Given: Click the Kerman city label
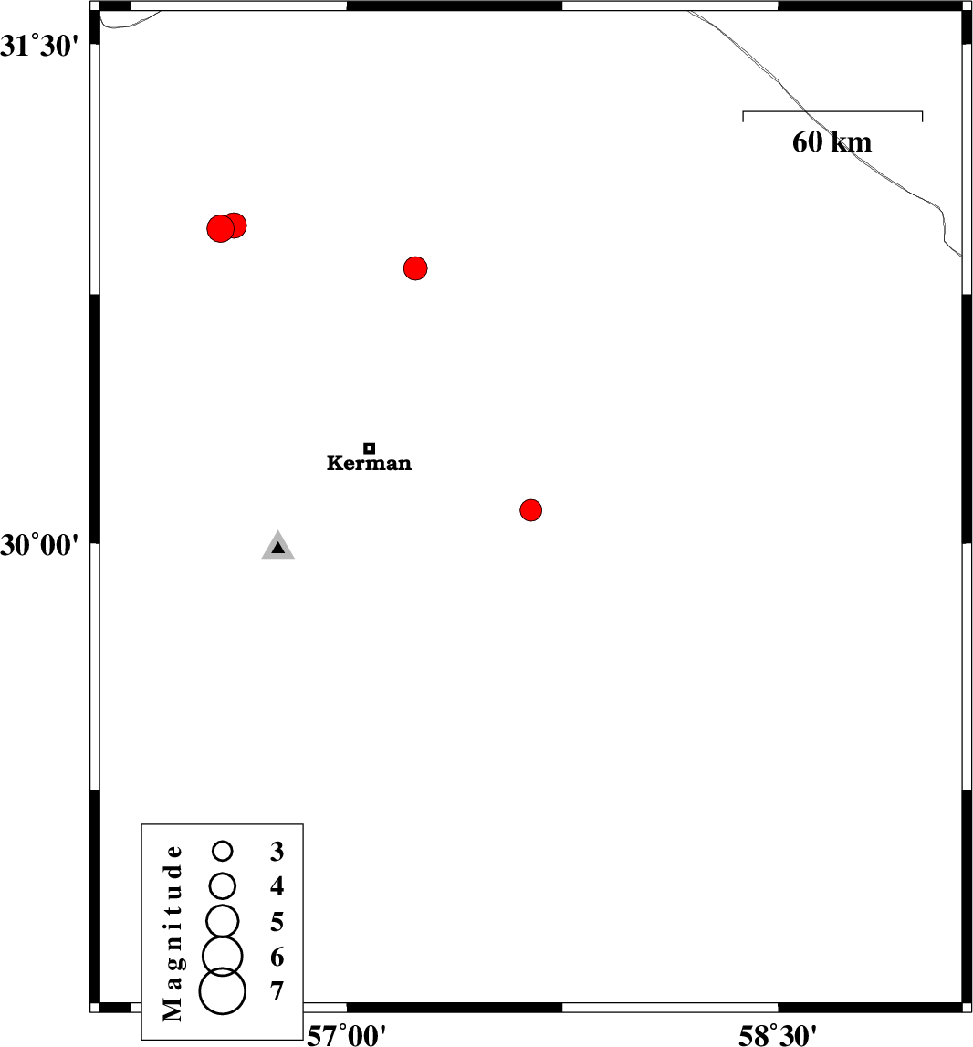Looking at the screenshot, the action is [x=369, y=463].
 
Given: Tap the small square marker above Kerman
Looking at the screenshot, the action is [x=370, y=448].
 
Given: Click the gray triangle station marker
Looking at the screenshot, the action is [x=277, y=546].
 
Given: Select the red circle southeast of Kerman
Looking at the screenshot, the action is [x=530, y=510].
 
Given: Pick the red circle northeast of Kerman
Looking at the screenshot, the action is [x=415, y=268].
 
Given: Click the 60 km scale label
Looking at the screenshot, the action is [x=832, y=142].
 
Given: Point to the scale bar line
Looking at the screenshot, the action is [x=832, y=111].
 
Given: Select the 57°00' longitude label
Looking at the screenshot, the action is [x=346, y=1035].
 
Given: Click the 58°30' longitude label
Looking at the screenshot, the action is [x=778, y=1035].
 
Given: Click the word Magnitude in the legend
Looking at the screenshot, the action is [x=173, y=933].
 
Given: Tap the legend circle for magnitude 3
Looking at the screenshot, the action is [x=223, y=851].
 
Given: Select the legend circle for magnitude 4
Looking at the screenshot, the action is [x=223, y=886].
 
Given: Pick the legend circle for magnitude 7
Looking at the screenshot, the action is [x=223, y=991].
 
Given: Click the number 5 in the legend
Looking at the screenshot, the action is [x=277, y=922].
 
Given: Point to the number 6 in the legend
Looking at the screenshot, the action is [x=277, y=958].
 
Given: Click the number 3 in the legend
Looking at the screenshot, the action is [x=277, y=852].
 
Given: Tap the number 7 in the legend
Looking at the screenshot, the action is [x=277, y=991].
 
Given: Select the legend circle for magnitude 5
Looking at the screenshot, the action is [x=223, y=921].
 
